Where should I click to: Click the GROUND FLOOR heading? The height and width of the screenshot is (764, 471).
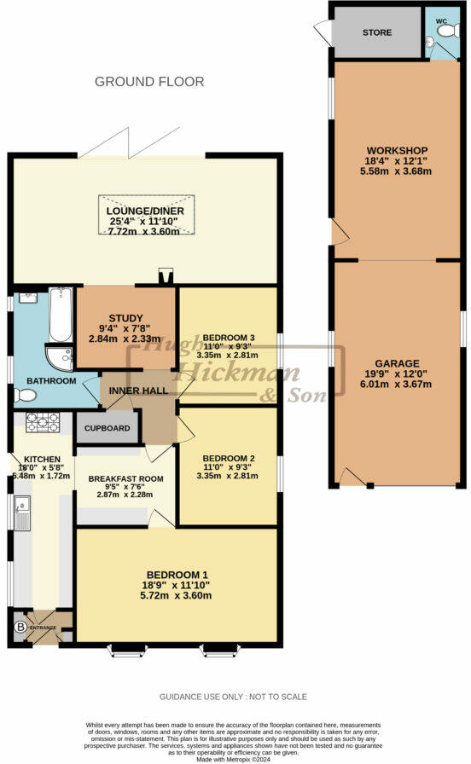tap(149, 82)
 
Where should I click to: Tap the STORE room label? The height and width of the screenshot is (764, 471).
tap(376, 32)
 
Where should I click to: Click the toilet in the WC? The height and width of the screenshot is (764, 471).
tap(445, 30)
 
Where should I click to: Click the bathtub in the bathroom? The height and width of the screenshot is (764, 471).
tap(59, 315)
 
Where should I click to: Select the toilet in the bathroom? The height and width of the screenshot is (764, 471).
tap(25, 395)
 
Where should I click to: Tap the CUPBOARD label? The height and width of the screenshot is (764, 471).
tap(108, 428)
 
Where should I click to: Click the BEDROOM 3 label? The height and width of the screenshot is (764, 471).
tap(228, 336)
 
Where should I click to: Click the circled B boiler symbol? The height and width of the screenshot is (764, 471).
tap(20, 628)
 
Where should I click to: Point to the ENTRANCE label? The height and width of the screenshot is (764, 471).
tap(44, 628)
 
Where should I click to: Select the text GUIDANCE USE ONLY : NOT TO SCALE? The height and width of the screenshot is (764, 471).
tap(233, 697)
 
